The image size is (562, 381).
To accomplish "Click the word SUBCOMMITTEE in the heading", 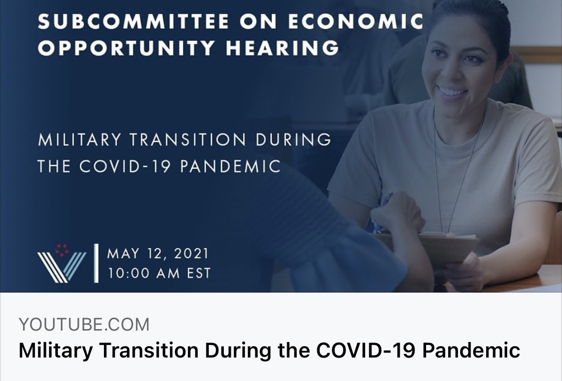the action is coord(133,21).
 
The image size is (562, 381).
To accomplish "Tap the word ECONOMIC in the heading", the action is coord(356,21).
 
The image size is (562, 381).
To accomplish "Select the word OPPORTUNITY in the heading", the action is coord(126,47).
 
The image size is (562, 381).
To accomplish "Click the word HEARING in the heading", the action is coord(282,47).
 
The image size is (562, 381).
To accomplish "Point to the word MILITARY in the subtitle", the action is coord(79,140).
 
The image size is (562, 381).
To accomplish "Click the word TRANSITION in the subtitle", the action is coord(188,140).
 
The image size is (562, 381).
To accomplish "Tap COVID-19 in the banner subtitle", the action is coord(125,166).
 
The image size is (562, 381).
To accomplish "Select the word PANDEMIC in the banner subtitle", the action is coord(230,166).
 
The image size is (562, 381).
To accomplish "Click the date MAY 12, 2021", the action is coord(158,254).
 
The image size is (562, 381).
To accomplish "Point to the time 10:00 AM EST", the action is coord(159,274).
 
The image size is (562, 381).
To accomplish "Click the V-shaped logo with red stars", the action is coord(61,264).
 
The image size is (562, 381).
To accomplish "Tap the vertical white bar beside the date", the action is coord(96,264).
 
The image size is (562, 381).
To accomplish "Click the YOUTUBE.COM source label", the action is coord(84,325).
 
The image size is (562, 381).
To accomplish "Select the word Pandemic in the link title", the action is coord(471,350).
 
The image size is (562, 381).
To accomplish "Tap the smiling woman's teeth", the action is coord(452,91).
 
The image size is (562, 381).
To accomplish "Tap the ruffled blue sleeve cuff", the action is coord(344,258).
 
